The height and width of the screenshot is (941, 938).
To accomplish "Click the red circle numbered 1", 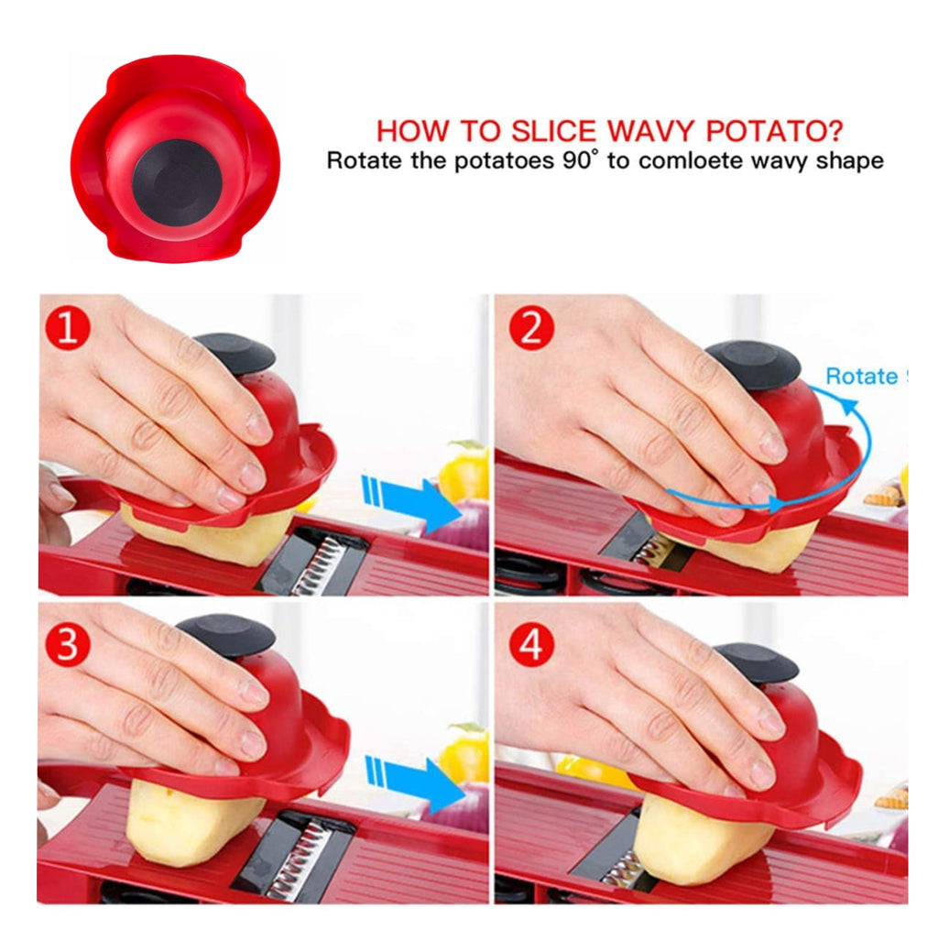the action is (x=68, y=328).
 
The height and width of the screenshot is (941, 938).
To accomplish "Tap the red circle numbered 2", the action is (x=531, y=328).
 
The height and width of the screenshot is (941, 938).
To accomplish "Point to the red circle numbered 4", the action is (x=531, y=645).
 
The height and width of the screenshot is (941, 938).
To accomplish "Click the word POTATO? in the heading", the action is (x=774, y=131).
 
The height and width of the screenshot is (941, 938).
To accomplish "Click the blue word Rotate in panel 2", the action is (x=862, y=377).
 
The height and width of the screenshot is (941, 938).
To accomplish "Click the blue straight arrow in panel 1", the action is (x=410, y=502).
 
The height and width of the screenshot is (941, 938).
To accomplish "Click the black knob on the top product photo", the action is (x=177, y=181).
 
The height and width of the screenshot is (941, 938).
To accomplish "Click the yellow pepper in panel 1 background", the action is (x=464, y=472).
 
